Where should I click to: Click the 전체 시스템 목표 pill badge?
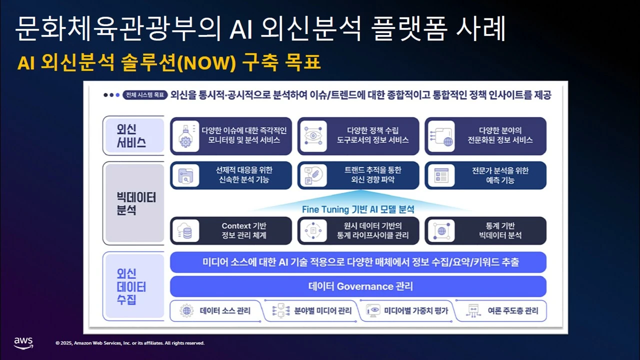click(x=144, y=95)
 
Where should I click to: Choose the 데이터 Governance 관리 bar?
click(x=358, y=286)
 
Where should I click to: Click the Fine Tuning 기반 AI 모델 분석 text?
click(x=358, y=209)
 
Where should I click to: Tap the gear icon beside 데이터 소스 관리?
click(x=187, y=310)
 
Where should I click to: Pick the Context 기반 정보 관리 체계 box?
click(x=231, y=230)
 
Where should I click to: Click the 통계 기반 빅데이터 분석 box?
click(x=485, y=230)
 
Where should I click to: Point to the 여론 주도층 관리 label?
click(x=512, y=310)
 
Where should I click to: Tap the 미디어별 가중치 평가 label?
click(x=416, y=310)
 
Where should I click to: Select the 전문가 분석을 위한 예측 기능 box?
click(x=485, y=175)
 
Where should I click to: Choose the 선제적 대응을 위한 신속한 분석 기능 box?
click(x=231, y=175)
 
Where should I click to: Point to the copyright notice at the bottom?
click(x=130, y=343)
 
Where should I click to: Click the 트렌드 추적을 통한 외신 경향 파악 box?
click(x=358, y=175)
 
